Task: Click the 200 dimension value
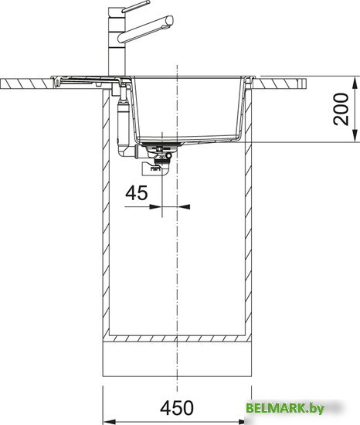(x=341, y=109)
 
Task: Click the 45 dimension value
(x=137, y=193)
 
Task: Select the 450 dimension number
(x=177, y=408)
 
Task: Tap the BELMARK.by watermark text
(x=285, y=408)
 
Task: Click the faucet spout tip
(x=170, y=20)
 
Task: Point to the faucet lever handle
(x=135, y=7)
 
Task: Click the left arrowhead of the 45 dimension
(x=155, y=207)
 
